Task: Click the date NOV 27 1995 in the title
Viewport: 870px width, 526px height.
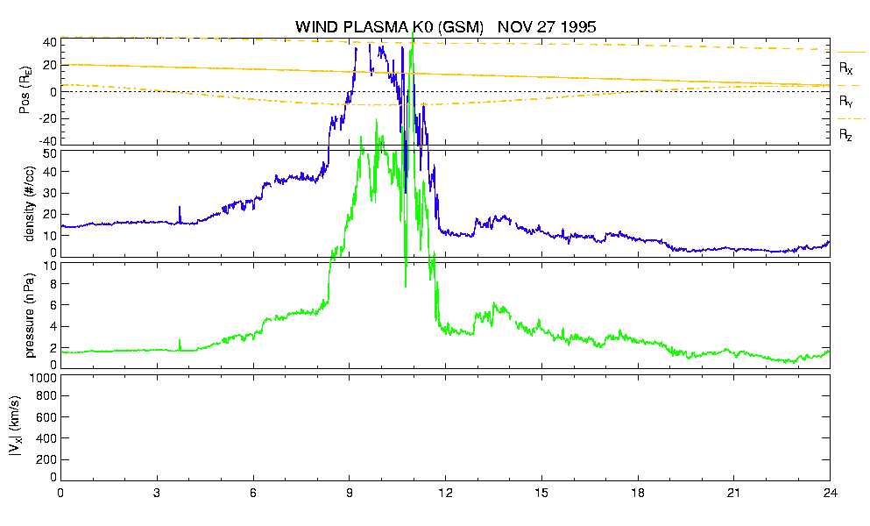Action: pyautogui.click(x=547, y=26)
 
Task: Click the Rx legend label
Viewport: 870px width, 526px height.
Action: pyautogui.click(x=845, y=68)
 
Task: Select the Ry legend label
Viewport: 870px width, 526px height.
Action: pyautogui.click(x=845, y=102)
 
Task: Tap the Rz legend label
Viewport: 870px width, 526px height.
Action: pyautogui.click(x=845, y=135)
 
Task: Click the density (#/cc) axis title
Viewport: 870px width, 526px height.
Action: pyautogui.click(x=30, y=203)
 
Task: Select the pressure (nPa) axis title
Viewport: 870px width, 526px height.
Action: pyautogui.click(x=30, y=316)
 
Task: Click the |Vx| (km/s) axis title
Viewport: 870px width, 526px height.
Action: pyautogui.click(x=15, y=427)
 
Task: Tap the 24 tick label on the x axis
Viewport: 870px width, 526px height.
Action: pyautogui.click(x=830, y=493)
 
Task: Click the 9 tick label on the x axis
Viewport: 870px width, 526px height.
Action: pyautogui.click(x=349, y=493)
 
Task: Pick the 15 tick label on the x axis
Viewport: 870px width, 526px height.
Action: pyautogui.click(x=541, y=493)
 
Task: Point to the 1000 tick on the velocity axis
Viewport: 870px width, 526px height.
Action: pyautogui.click(x=43, y=378)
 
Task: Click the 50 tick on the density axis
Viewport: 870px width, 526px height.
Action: pyautogui.click(x=50, y=153)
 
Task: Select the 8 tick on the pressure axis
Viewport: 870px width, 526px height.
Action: pyautogui.click(x=53, y=284)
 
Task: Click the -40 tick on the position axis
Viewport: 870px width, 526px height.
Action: pyautogui.click(x=47, y=141)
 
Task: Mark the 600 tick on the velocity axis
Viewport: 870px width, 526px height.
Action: pyautogui.click(x=46, y=417)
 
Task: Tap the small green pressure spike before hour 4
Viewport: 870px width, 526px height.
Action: pyautogui.click(x=180, y=345)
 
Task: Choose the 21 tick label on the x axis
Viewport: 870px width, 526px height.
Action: pyautogui.click(x=733, y=493)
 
